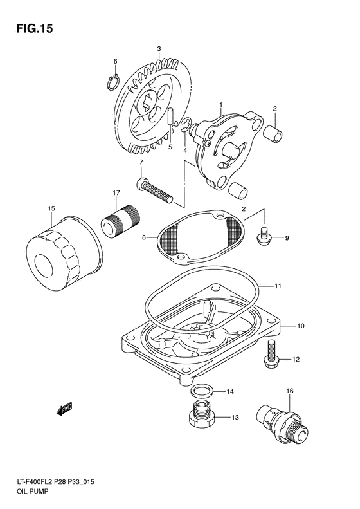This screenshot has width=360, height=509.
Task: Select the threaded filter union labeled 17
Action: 120,219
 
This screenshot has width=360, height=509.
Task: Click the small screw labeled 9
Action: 263,236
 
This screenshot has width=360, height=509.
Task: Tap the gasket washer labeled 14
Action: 203,392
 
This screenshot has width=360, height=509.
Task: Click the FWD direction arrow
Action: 64,408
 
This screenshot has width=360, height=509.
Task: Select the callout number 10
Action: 300,326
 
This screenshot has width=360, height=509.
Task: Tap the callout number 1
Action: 220,104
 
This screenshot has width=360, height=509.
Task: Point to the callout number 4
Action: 185,151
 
